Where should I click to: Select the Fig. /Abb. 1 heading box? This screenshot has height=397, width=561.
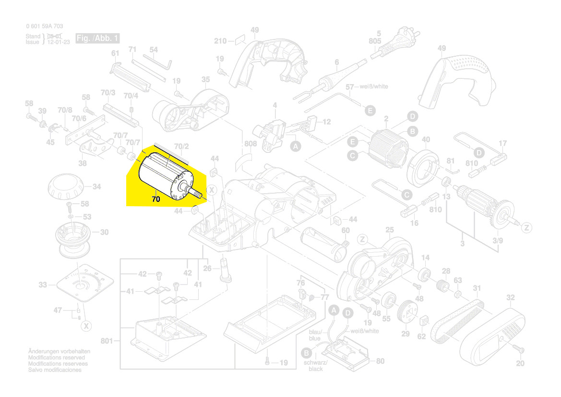click(x=98, y=38)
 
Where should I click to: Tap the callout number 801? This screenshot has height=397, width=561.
click(x=107, y=342)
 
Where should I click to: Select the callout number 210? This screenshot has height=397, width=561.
click(x=220, y=41)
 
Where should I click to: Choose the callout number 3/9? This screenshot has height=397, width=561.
click(x=498, y=240)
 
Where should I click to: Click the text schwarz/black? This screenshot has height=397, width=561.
click(x=316, y=365)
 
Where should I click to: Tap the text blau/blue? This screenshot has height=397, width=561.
click(x=315, y=335)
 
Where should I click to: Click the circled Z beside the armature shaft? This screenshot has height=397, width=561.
click(x=527, y=226)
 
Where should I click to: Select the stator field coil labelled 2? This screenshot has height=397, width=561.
click(x=389, y=146)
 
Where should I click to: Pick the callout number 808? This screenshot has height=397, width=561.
click(x=251, y=144)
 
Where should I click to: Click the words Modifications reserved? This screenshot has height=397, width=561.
click(x=57, y=358)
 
